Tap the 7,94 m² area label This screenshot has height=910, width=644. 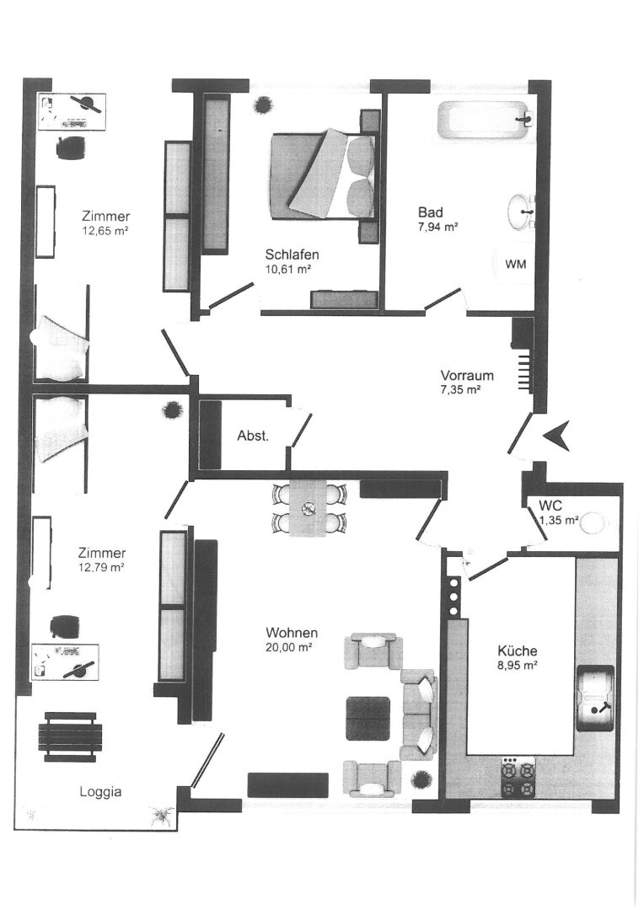pyautogui.click(x=437, y=227)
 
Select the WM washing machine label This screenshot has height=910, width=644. pyautogui.click(x=516, y=264)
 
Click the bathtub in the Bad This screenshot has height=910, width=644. pyautogui.click(x=485, y=120)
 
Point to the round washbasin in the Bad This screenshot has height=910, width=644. pyautogui.click(x=522, y=211)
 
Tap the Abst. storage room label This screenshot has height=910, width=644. pyautogui.click(x=253, y=436)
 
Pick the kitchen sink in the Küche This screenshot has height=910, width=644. pyautogui.click(x=595, y=697)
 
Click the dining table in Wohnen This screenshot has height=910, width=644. pyautogui.click(x=308, y=508)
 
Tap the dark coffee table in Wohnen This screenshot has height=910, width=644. pyautogui.click(x=368, y=718)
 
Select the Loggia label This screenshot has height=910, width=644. pyautogui.click(x=100, y=791)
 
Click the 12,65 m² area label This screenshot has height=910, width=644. pyautogui.click(x=105, y=230)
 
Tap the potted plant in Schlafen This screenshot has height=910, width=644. pyautogui.click(x=262, y=104)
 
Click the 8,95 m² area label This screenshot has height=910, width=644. pyautogui.click(x=516, y=666)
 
